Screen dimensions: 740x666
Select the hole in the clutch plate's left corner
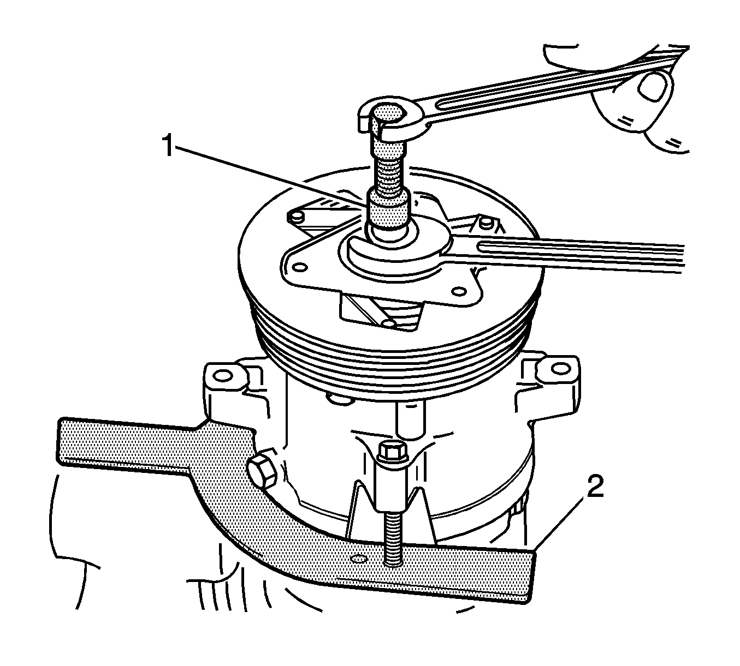301,267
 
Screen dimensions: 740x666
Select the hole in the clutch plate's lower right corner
459,292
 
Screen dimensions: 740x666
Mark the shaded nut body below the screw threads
389,208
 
